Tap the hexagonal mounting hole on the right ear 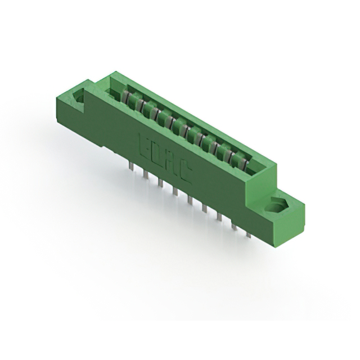coord(278,206)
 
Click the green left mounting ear coord(76,101)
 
